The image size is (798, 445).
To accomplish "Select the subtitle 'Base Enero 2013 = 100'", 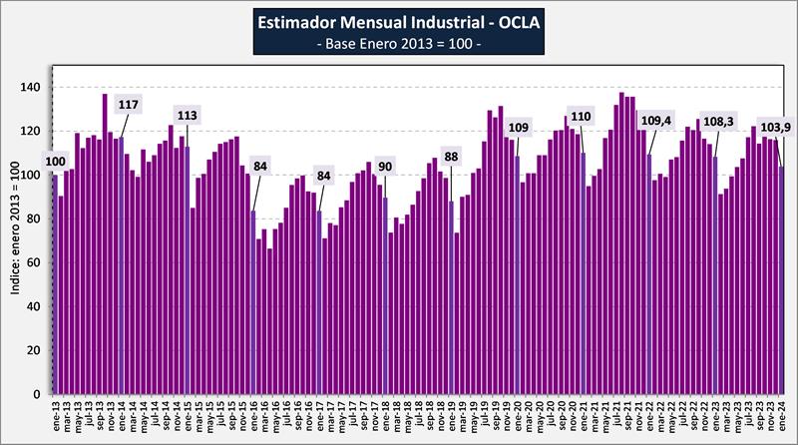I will tap(398, 45).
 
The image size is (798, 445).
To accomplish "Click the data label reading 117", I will tap(128, 105).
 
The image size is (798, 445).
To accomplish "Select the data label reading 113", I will tap(188, 116).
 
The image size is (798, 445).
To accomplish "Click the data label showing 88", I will tap(452, 157).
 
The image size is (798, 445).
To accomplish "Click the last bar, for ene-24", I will tap(782, 280).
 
